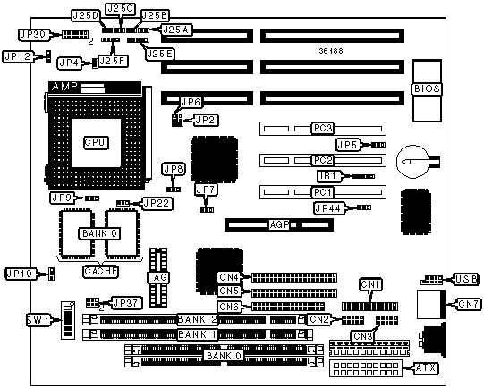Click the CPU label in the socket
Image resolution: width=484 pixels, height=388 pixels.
pos(96,142)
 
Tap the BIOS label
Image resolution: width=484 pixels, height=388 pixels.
pos(427,89)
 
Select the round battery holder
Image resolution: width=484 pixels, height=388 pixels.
pos(413,161)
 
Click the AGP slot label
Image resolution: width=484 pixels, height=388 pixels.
pos(279,224)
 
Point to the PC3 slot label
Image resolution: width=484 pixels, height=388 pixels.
pos(323,128)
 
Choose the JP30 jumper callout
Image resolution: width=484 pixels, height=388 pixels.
pos(34,35)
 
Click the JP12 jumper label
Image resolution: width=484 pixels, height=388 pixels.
pos(19,56)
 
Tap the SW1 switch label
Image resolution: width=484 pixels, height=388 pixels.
pos(38,320)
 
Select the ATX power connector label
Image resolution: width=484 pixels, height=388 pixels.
pos(426,368)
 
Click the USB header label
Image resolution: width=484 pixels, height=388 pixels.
pos(466,279)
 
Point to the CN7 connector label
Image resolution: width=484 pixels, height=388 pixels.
pos(468,304)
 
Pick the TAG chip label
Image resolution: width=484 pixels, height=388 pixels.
pos(158,277)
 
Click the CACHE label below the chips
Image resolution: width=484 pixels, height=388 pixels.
pos(100,272)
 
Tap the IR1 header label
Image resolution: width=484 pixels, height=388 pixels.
pos(329,176)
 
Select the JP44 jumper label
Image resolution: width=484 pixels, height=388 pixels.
pos(328,208)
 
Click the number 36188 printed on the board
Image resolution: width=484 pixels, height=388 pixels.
pos(331,51)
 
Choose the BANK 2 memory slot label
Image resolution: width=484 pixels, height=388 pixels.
pos(198,319)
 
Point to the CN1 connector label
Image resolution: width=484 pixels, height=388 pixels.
pos(370,284)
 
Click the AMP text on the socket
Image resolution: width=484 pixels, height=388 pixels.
pos(64,87)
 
